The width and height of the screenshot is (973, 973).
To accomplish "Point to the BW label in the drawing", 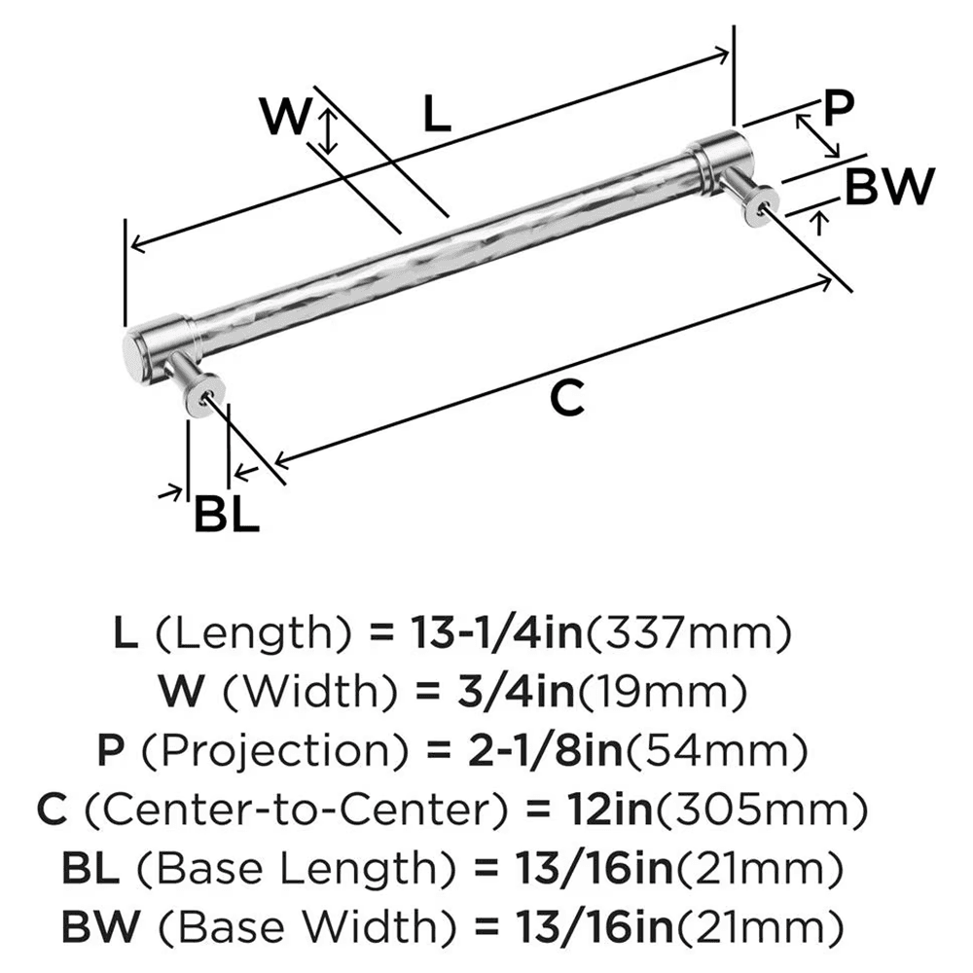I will pyautogui.click(x=888, y=186).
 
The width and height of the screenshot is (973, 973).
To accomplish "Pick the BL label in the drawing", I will pyautogui.click(x=226, y=515).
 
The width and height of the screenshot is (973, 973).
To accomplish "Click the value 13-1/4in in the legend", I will pyautogui.click(x=491, y=635).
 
